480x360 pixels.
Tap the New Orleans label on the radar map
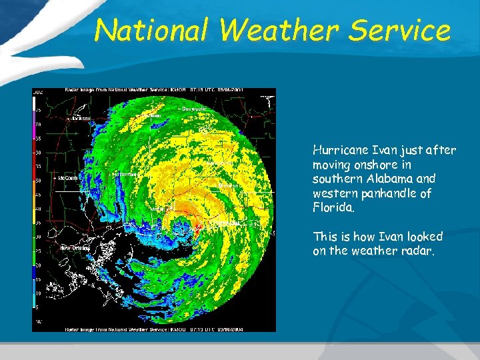point(75,248)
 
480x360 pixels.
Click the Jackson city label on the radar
point(82,118)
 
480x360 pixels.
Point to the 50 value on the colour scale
point(38,181)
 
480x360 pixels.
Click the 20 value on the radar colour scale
point(38,265)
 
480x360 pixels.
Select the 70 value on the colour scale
point(38,125)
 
